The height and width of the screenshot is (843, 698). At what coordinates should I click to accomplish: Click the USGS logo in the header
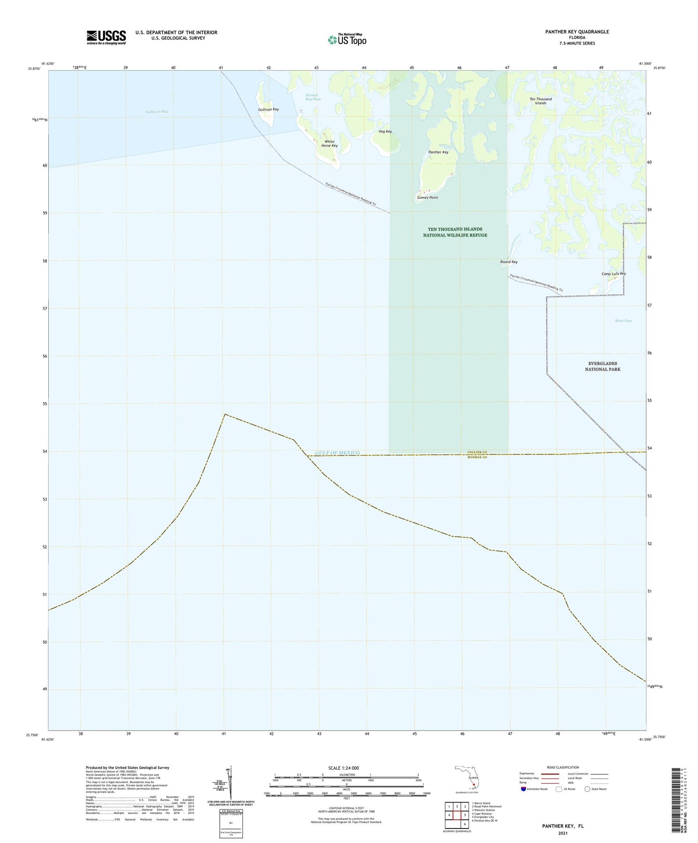(x=106, y=37)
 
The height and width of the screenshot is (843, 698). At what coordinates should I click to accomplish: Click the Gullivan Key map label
(x=268, y=110)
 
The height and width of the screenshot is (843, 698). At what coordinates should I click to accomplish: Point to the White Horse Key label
(x=329, y=144)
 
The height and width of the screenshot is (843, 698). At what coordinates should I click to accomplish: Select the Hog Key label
(x=385, y=131)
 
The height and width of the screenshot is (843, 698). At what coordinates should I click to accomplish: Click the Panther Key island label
(x=438, y=152)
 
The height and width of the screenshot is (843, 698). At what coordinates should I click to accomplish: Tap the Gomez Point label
(x=427, y=197)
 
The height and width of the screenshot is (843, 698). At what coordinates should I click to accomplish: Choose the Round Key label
(x=509, y=262)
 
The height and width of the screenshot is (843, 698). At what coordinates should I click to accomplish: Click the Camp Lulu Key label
(x=613, y=274)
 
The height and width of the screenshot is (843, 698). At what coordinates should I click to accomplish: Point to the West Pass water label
(x=623, y=321)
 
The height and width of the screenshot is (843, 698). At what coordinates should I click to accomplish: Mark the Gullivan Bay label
(x=157, y=112)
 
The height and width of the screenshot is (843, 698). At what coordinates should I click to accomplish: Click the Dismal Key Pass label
(x=313, y=97)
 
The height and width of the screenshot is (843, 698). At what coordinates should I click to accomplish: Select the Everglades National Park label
(x=602, y=366)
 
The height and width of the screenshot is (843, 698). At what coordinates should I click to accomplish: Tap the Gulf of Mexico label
(x=337, y=453)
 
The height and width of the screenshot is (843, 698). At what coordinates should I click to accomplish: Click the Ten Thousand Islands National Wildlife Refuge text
(x=455, y=232)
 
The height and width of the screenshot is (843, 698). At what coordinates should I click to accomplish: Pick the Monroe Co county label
(x=477, y=457)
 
